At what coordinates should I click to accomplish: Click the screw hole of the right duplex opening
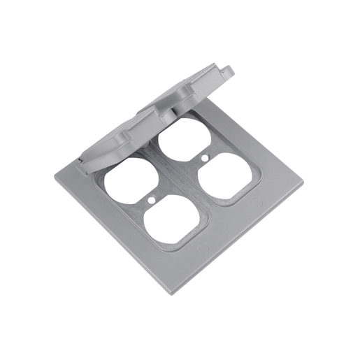click(204, 158)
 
